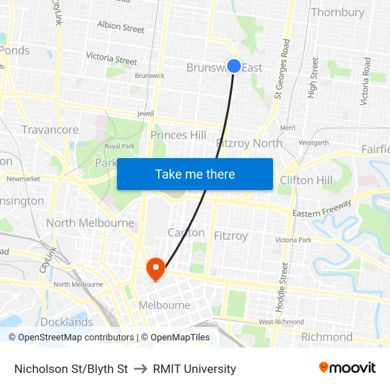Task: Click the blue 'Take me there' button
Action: tap(195, 174)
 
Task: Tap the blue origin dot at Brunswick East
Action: tap(234, 65)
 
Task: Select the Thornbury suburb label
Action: tap(338, 12)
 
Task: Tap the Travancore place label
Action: tap(50, 130)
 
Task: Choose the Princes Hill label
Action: tap(178, 135)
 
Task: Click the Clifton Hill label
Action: tap(306, 180)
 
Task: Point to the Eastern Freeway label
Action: tap(321, 208)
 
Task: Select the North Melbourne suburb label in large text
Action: tap(90, 223)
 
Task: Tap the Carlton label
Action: tap(186, 233)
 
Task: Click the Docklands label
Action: tap(67, 321)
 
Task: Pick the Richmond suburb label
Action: tap(327, 337)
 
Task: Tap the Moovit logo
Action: tap(347, 368)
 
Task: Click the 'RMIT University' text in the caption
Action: tap(194, 369)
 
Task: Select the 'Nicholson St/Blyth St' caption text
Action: tap(71, 369)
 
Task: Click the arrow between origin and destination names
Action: tap(140, 369)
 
